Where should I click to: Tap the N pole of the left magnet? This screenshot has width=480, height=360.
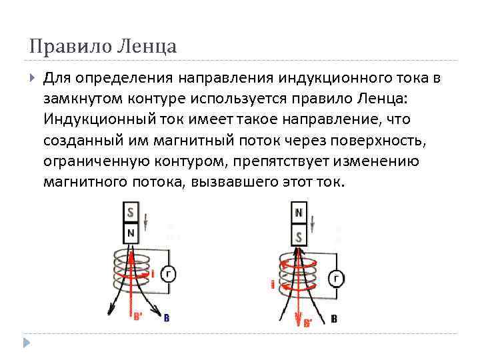(130, 233)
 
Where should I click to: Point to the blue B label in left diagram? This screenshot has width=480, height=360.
(166, 318)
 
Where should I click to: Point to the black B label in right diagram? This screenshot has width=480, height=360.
(334, 319)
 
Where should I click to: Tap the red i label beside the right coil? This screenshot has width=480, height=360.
(272, 284)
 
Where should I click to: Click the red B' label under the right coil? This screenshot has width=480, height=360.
(307, 323)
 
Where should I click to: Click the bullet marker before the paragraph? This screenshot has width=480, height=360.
(33, 78)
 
